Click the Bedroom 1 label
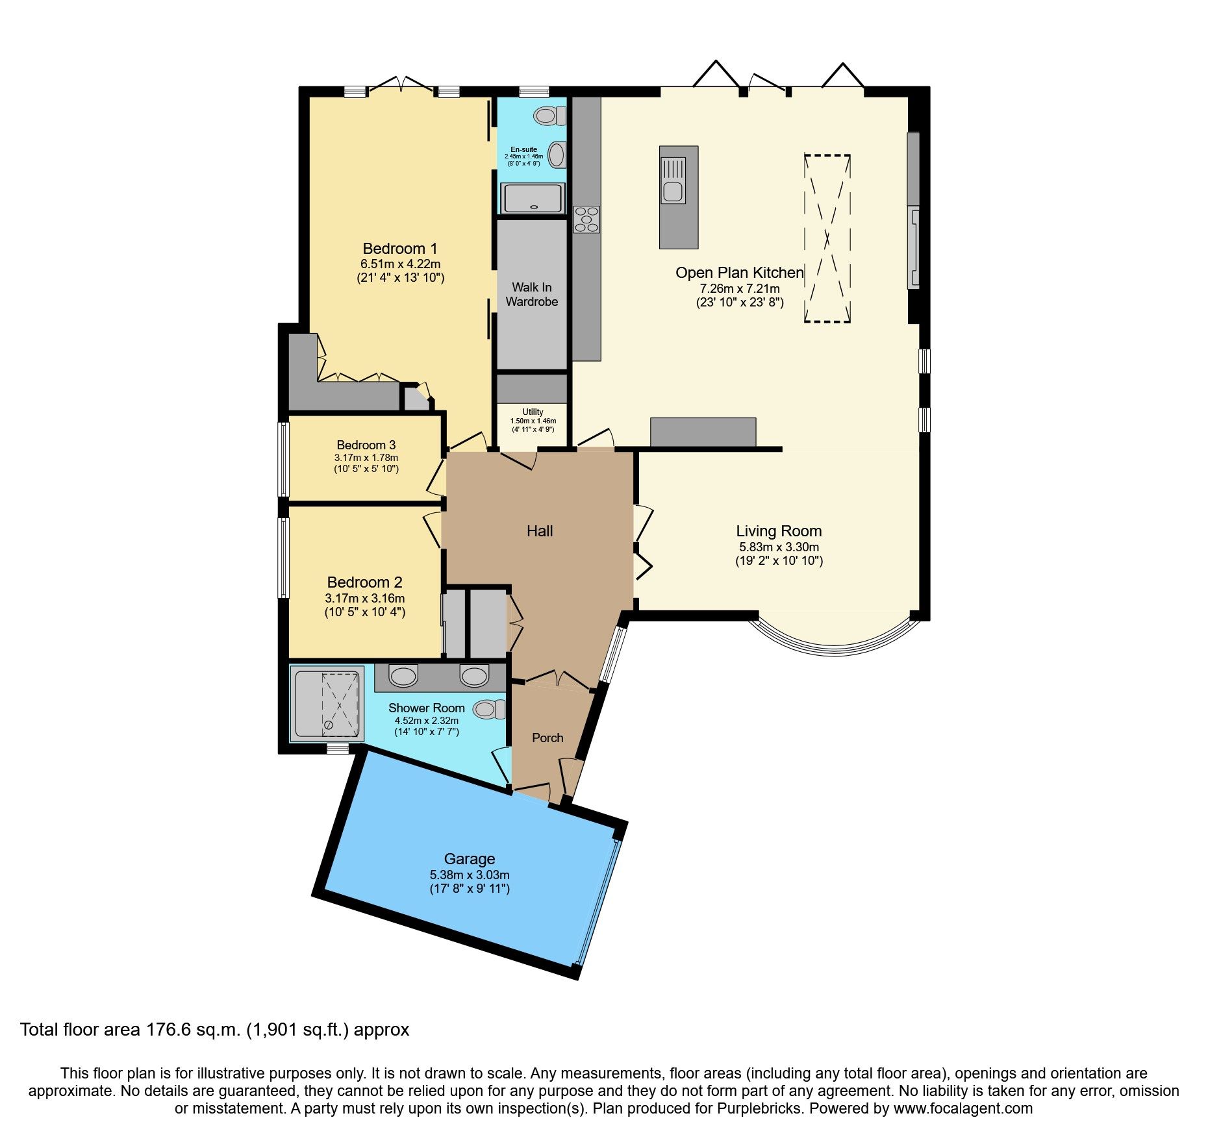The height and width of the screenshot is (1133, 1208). (400, 249)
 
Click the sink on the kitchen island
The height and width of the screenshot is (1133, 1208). (673, 191)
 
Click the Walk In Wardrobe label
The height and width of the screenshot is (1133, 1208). (532, 294)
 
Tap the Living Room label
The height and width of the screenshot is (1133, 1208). (779, 531)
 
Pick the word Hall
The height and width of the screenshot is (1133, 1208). (540, 531)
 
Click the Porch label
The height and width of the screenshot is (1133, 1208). (547, 738)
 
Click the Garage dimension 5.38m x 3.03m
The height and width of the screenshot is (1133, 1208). (469, 875)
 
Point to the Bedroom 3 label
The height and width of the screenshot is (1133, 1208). (366, 445)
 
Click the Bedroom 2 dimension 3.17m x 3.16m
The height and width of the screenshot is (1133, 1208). (365, 598)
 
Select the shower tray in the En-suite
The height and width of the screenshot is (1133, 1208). (533, 197)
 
